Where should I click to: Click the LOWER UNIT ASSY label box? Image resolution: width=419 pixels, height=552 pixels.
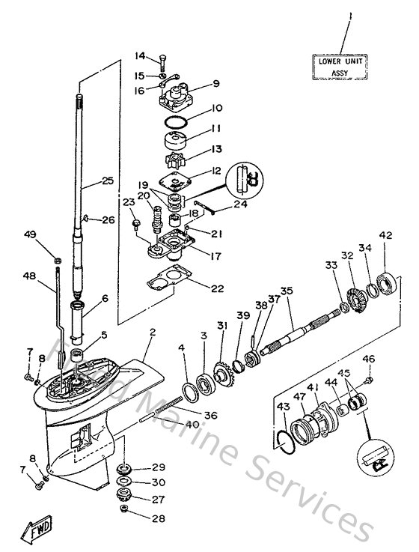(339, 68)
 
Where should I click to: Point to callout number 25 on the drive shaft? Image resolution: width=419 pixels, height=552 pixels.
(108, 181)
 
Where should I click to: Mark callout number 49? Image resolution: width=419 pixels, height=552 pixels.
(50, 234)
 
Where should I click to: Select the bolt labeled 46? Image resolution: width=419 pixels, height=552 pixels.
(367, 381)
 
